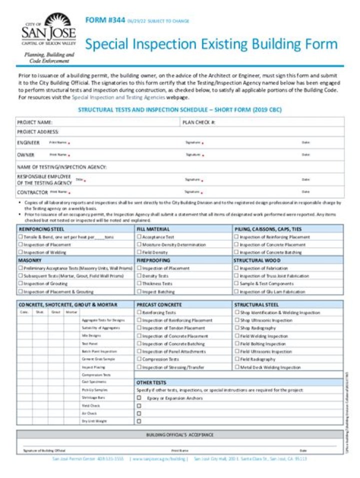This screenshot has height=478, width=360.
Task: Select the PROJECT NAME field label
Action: coord(34,122)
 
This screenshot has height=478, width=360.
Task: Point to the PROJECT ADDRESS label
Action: coord(38,132)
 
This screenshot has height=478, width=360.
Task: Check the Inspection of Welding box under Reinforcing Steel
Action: coord(20,252)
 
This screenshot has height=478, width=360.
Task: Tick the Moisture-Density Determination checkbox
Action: coord(139,245)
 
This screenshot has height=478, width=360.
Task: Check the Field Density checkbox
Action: coord(139,252)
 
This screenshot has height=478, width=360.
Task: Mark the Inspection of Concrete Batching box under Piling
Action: coord(236,252)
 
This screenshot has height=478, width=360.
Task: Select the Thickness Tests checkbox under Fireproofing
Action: coord(139,283)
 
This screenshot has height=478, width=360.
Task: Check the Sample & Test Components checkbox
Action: coord(236,283)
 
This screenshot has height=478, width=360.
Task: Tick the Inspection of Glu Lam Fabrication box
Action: coord(236,291)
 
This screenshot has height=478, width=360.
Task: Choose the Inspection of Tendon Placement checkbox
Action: coord(139,328)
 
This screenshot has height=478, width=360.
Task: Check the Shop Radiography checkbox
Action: coord(236,328)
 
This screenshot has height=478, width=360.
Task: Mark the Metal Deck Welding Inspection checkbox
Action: coord(236,367)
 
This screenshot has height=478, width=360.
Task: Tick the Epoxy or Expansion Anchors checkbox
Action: coord(139,398)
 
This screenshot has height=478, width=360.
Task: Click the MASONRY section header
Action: coord(30,260)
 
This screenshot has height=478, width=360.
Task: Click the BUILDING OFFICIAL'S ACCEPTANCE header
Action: coord(179,435)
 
